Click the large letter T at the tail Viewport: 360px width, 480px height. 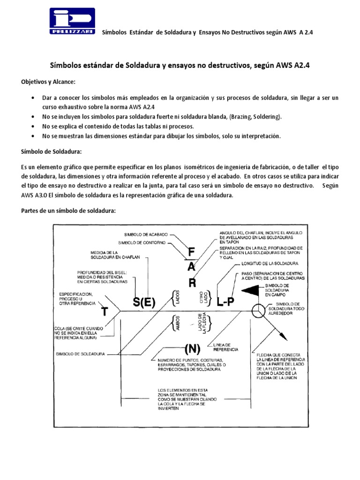coord(106,312)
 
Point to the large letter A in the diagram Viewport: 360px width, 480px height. coord(192,268)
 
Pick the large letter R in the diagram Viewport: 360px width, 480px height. coord(192,283)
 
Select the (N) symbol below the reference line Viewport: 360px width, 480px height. coord(192,348)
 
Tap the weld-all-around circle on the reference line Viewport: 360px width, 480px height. coord(259,311)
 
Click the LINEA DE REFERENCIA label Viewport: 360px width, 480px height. coord(226,347)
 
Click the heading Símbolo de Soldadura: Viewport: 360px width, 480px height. coord(52,152)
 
